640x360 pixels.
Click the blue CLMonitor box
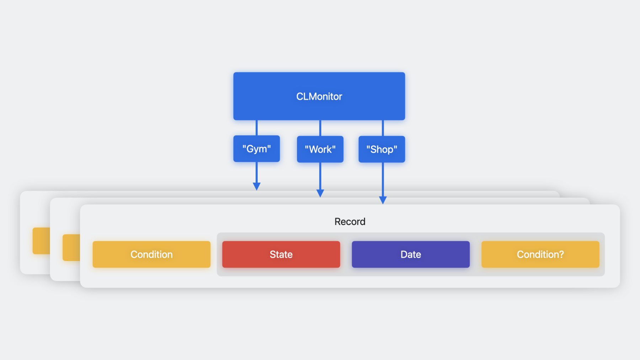click(x=319, y=96)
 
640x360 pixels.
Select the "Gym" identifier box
click(x=256, y=149)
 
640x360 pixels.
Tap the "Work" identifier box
click(x=320, y=149)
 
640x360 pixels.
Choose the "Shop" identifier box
click(x=382, y=149)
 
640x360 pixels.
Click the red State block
click(x=281, y=254)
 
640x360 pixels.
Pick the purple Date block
click(x=411, y=254)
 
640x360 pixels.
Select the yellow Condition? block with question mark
click(x=540, y=254)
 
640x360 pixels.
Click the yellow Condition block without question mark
click(x=151, y=254)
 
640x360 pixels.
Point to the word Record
click(x=350, y=222)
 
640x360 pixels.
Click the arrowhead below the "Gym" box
click(x=256, y=186)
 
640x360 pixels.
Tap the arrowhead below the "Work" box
click(x=320, y=193)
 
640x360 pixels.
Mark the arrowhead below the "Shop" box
click(x=383, y=200)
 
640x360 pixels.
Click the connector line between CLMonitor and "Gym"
click(x=256, y=128)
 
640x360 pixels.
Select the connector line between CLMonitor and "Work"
click(x=320, y=128)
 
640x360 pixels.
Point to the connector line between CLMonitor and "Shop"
click(x=383, y=128)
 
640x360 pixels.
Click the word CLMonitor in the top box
click(x=319, y=96)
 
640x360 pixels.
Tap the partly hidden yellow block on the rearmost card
click(x=41, y=241)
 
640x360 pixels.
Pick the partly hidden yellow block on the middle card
click(x=71, y=248)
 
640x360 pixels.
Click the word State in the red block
click(x=281, y=254)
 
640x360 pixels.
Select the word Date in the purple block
click(x=411, y=254)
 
